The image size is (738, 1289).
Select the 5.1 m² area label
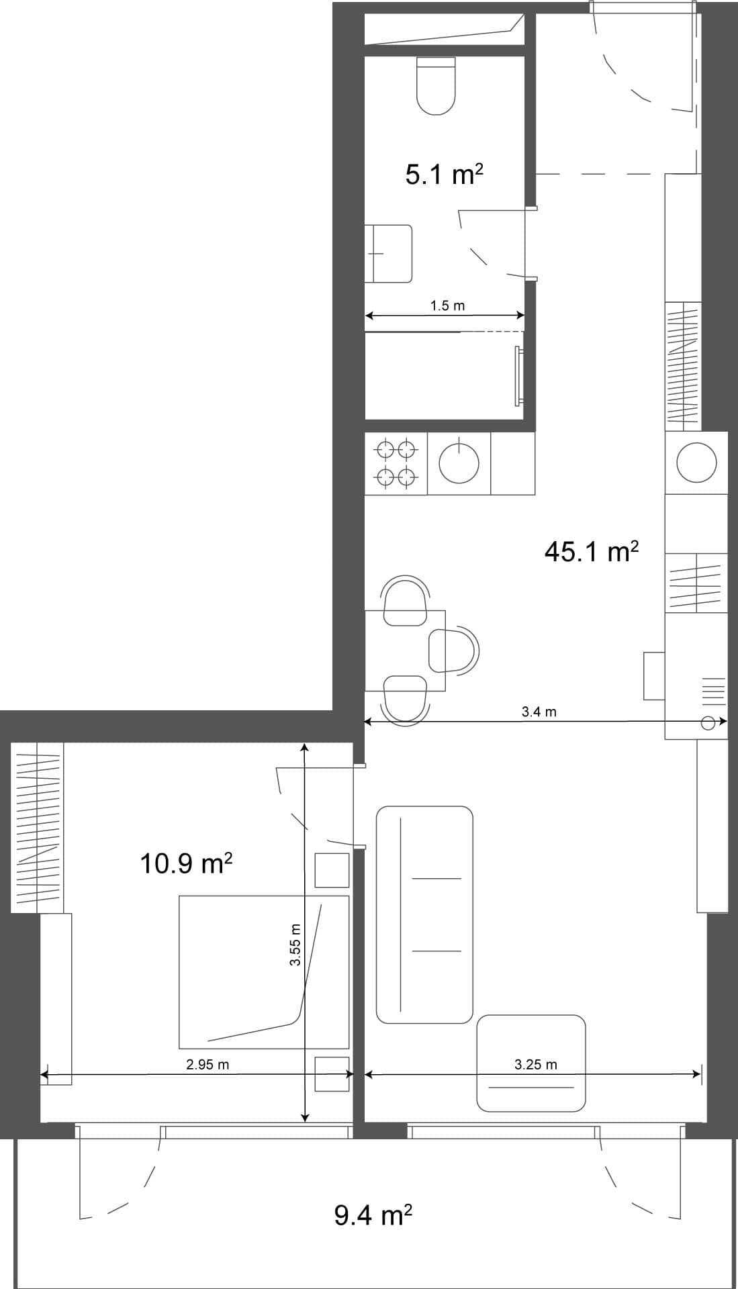[444, 175]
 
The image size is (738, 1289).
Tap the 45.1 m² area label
[590, 552]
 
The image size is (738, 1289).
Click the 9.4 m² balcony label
[373, 1215]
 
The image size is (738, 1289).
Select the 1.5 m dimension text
[447, 306]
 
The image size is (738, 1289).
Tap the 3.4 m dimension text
[539, 712]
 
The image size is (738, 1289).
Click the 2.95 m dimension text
[207, 1065]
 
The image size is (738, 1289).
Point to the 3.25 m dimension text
[535, 1064]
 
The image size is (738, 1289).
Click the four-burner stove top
[395, 463]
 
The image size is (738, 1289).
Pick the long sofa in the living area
[424, 914]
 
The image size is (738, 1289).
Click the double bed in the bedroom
[264, 972]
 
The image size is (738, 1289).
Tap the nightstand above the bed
[332, 870]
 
